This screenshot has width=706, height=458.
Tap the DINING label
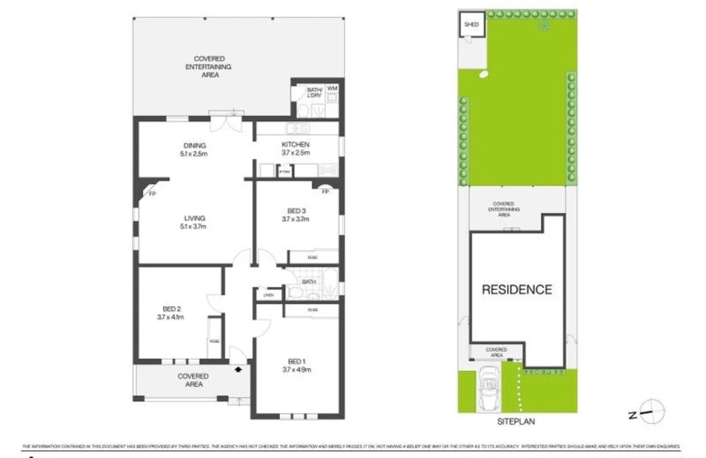[195, 146]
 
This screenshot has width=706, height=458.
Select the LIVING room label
[195, 218]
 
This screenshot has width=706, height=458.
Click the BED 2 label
[171, 309]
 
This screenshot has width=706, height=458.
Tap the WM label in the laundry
[332, 88]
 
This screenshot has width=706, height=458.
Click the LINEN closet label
[269, 295]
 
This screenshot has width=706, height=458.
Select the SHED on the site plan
[471, 25]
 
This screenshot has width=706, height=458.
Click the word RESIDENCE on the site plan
[517, 290]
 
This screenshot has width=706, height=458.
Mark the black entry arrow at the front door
[238, 370]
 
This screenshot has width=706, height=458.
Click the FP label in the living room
[152, 194]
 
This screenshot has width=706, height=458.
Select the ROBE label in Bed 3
[312, 258]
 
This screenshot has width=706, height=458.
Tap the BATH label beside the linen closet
[309, 282]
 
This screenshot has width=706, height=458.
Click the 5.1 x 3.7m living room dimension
[195, 226]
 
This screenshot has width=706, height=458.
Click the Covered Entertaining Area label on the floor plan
[210, 67]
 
